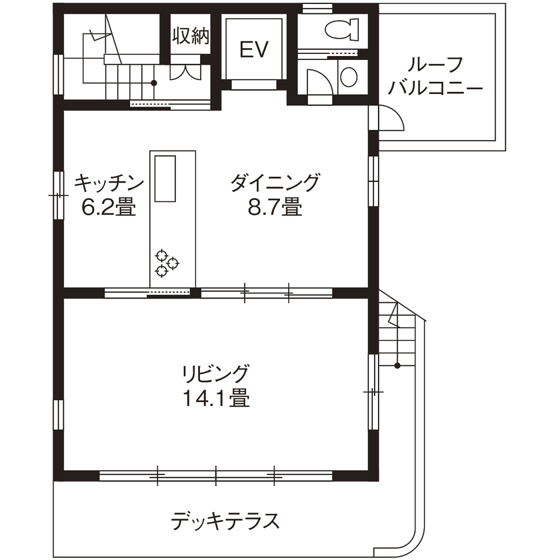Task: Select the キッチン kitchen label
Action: [x=109, y=181]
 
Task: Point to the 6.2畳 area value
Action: [x=109, y=208]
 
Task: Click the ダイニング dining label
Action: [x=275, y=181]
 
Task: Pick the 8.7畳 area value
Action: [x=275, y=208]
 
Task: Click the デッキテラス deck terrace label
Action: [x=225, y=520]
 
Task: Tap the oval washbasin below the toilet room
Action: [x=349, y=77]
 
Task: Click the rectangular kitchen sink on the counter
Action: [x=165, y=177]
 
